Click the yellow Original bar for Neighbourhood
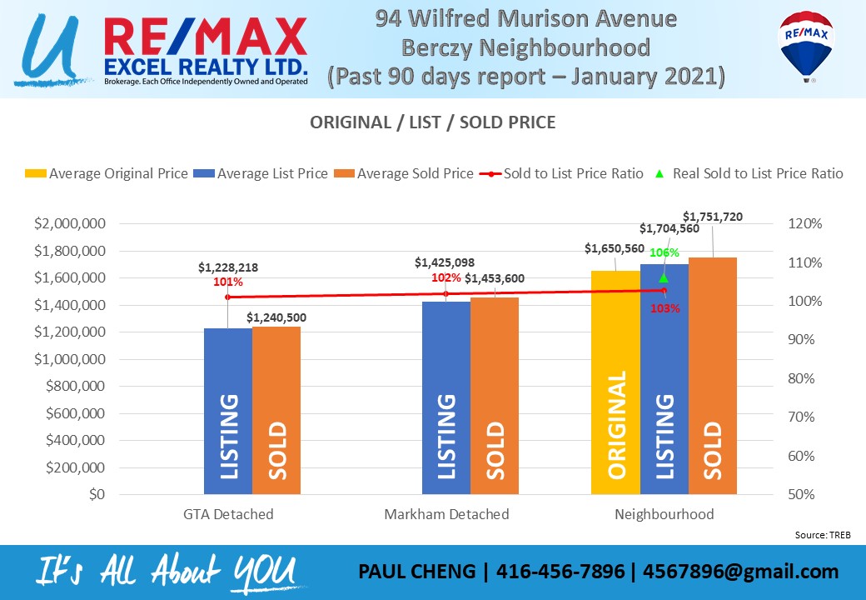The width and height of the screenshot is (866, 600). pos(615,382)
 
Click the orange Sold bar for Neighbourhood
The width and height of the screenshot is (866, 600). pos(713,376)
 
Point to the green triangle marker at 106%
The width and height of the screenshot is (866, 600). pos(664,278)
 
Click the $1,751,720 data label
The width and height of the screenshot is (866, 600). pos(712,217)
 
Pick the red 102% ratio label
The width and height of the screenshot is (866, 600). pos(445,278)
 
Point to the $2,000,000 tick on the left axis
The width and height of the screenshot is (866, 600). pos(69,224)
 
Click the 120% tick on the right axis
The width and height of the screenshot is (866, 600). pos(805,224)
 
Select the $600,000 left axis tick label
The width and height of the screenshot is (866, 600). pos(75,414)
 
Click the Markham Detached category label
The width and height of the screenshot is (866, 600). pos(446,514)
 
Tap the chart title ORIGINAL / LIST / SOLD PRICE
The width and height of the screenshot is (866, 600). pos(432,122)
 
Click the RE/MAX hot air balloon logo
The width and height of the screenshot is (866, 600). pos(806,45)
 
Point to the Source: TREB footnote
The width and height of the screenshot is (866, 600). pos(822,534)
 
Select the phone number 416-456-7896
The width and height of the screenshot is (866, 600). pos(561,572)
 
